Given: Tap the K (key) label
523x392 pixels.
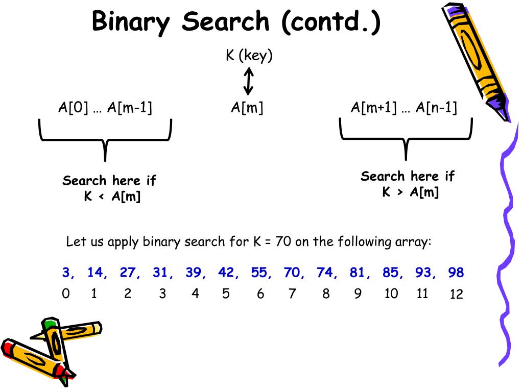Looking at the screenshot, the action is [249, 55].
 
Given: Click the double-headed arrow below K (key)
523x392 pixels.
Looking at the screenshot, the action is [249, 82].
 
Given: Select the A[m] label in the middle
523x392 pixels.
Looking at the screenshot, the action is [247, 108].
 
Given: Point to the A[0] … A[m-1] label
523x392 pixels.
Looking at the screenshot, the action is [105, 108].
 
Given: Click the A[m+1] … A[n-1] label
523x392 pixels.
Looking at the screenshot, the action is [403, 108].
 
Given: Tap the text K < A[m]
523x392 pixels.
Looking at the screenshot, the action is [112, 197].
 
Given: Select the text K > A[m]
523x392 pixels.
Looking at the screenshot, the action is [411, 192].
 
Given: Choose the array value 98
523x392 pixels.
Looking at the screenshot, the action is [456, 273].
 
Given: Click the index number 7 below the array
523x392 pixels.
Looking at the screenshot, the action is [292, 294].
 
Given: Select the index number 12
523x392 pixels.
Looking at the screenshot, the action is [456, 295].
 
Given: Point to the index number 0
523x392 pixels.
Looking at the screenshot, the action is [65, 294].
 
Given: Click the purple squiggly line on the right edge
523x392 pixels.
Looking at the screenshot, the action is [507, 230].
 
